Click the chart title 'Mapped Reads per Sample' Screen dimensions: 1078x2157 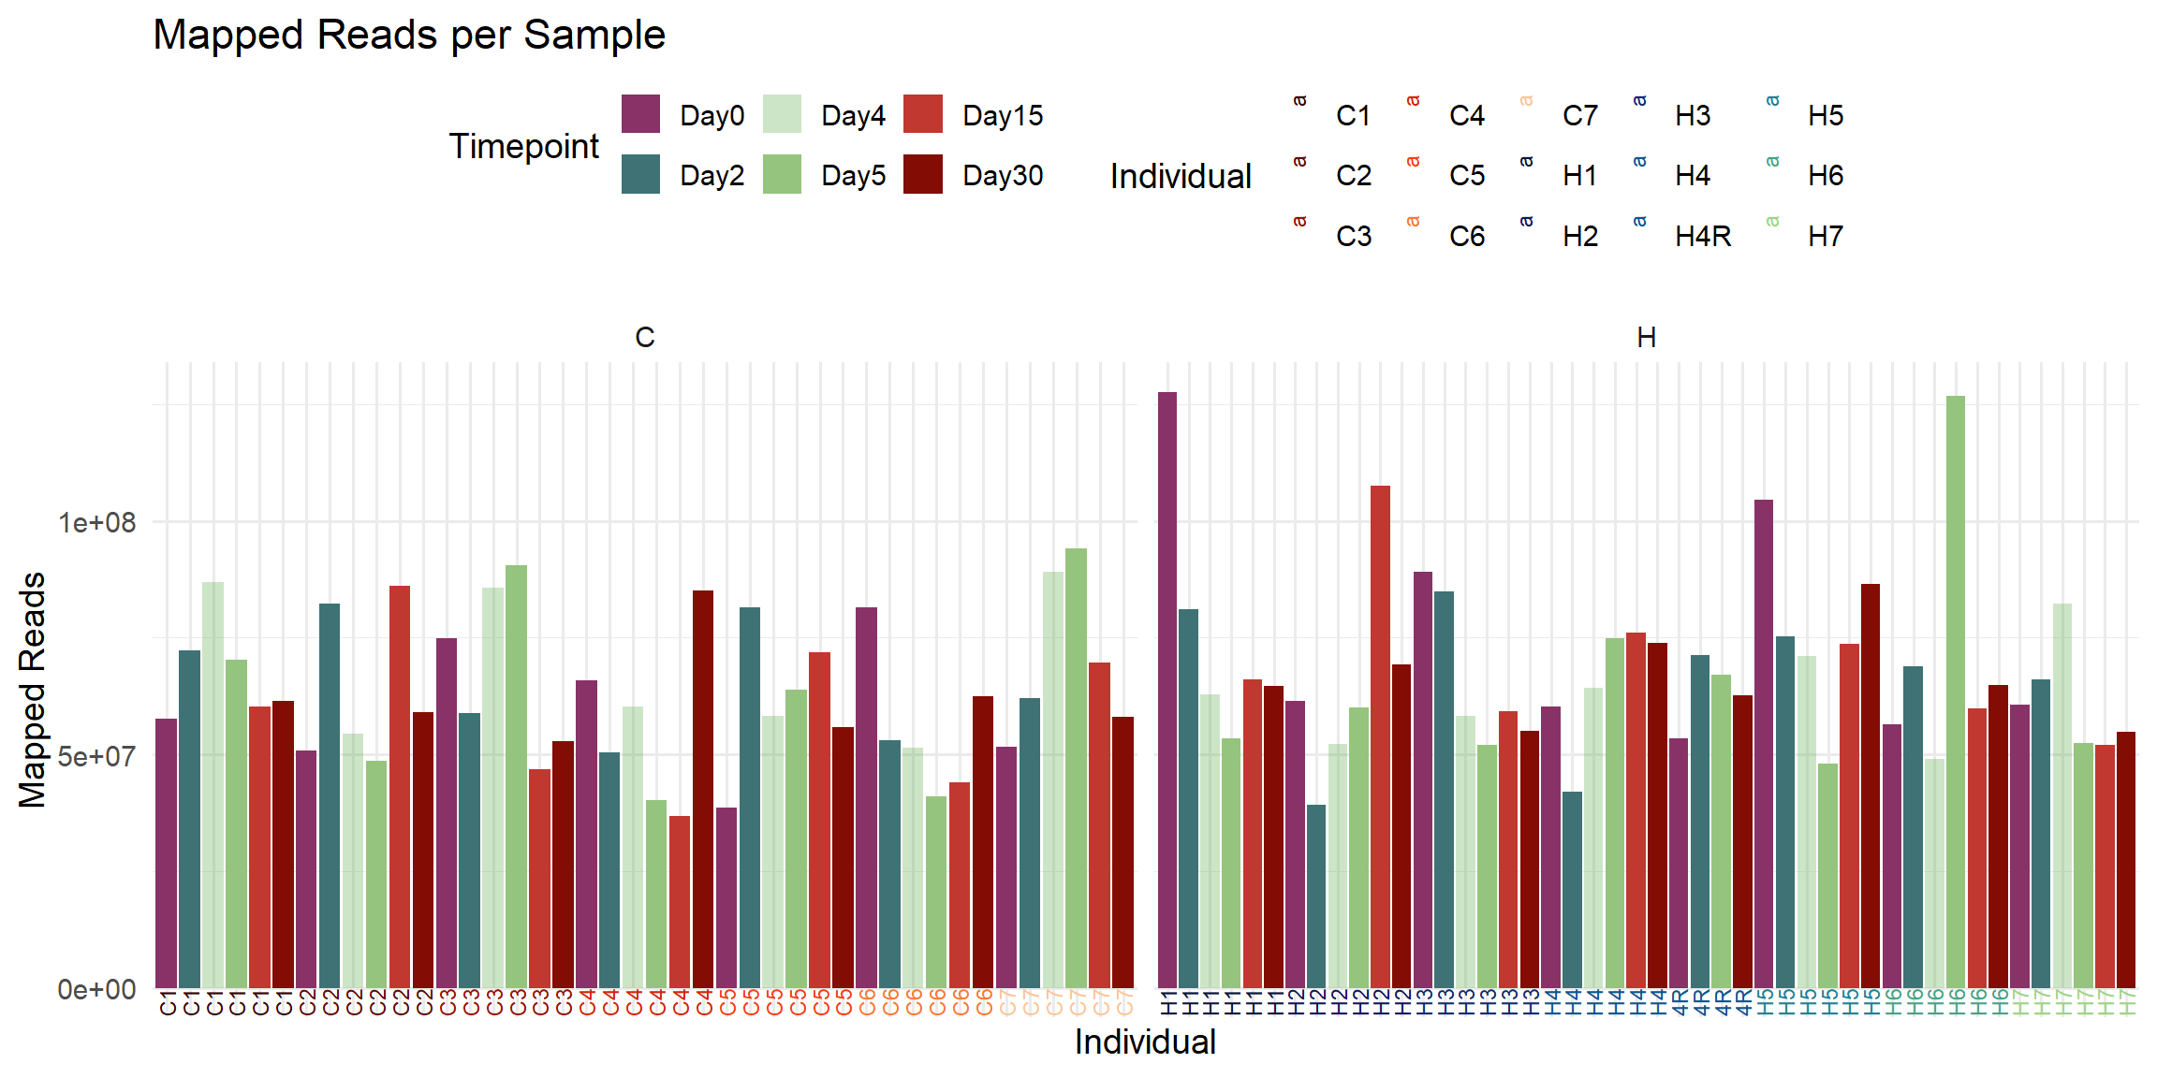tap(409, 36)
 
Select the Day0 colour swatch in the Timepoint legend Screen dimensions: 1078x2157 tap(640, 114)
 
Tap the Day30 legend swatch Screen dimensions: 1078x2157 tap(923, 175)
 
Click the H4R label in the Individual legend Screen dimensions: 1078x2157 tap(1702, 236)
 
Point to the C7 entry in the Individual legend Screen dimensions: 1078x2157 tap(1579, 115)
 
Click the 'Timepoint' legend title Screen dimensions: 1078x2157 tap(523, 146)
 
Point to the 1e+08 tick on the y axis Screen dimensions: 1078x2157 tap(97, 522)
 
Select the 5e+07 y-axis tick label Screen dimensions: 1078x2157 tap(97, 755)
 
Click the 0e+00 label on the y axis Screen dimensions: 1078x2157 tap(97, 989)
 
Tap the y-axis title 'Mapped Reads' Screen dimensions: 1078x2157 tap(33, 690)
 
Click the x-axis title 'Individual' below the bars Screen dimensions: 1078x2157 tap(1145, 1042)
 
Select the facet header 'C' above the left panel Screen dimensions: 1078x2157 tap(645, 337)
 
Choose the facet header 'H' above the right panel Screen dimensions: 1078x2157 tap(1647, 337)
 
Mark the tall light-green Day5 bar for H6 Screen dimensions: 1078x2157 tap(1956, 692)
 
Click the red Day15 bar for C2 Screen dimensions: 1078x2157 tap(400, 786)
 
